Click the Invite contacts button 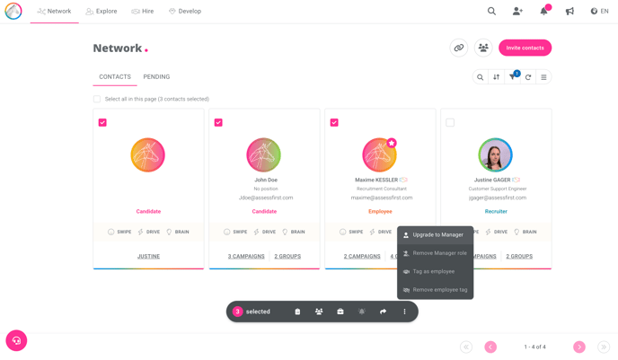click(x=525, y=48)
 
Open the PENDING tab click(x=156, y=77)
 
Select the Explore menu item click(x=102, y=12)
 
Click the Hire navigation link click(x=142, y=12)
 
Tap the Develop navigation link click(x=184, y=12)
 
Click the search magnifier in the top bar click(x=491, y=12)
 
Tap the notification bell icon click(x=543, y=12)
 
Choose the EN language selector click(x=599, y=12)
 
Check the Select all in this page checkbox click(x=97, y=99)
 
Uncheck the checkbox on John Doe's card click(x=218, y=122)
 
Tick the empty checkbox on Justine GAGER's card click(x=450, y=122)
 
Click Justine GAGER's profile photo click(x=495, y=154)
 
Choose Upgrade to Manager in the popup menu click(x=437, y=235)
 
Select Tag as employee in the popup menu click(x=433, y=271)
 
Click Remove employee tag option click(x=439, y=290)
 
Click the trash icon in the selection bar click(x=297, y=312)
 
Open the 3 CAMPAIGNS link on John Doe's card click(x=246, y=256)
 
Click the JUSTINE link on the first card click(x=148, y=256)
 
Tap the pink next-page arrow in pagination click(x=579, y=347)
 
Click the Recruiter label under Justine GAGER click(x=496, y=212)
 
